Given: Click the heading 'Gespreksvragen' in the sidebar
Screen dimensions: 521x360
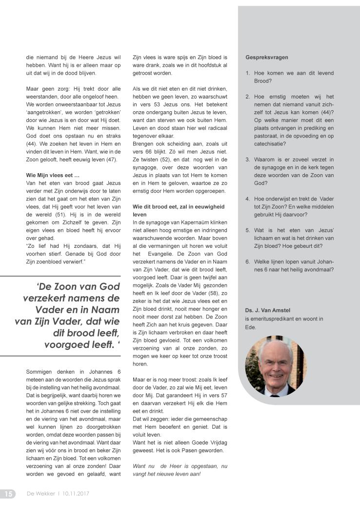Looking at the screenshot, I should (x=267, y=58).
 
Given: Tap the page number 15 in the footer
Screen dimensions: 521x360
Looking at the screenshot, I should (x=8, y=494).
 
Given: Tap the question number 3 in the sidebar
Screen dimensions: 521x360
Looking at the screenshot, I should (x=248, y=160).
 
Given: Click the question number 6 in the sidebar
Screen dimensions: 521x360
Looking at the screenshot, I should (x=248, y=261).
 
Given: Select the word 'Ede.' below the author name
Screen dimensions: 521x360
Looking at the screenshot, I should (x=250, y=328).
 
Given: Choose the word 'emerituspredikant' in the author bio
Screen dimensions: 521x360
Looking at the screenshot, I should (x=272, y=319).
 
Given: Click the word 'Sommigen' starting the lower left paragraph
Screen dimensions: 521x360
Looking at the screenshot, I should (x=40, y=372).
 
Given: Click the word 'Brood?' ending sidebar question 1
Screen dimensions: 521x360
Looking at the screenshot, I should (x=263, y=81).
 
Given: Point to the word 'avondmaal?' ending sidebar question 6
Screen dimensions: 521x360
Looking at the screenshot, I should (x=319, y=269).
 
